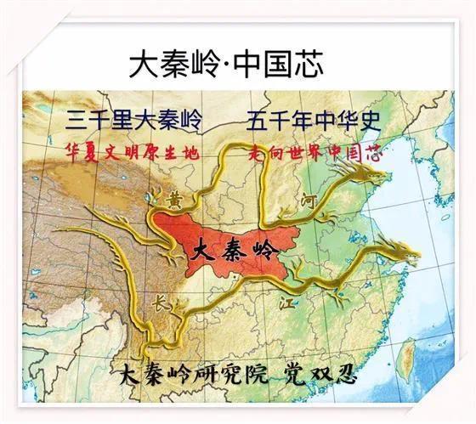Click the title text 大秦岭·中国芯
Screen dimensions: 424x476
[238, 64]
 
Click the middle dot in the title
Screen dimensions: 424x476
[220, 65]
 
